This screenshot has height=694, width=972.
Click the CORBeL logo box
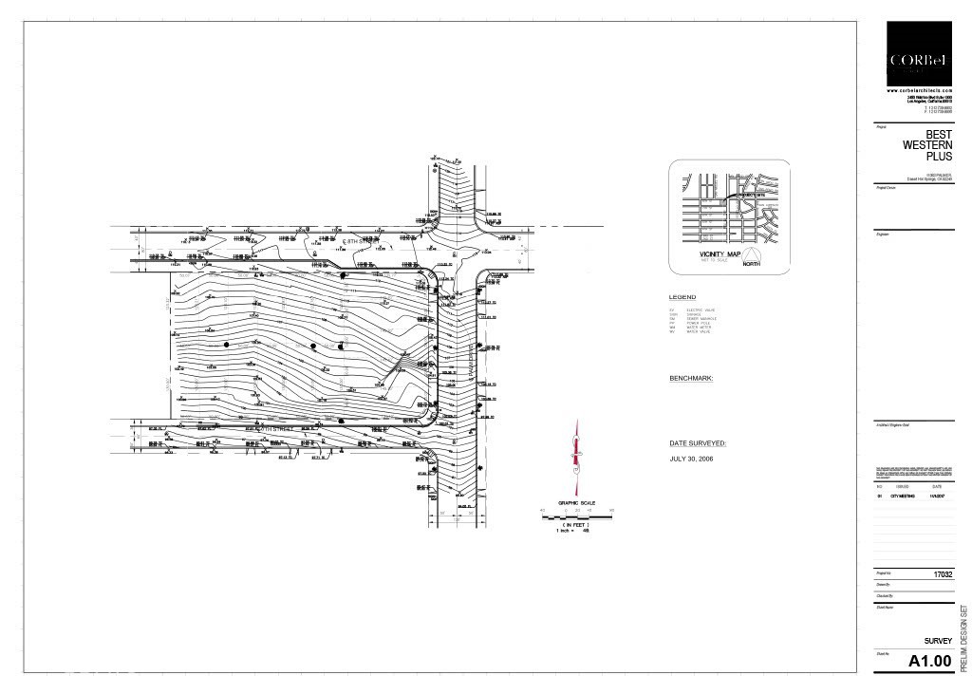919,53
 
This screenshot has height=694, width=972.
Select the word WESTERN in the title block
927,145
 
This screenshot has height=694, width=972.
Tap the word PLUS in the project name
938,156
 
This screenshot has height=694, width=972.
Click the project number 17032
942,574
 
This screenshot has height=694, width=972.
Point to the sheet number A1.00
929,662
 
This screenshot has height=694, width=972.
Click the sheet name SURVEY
938,641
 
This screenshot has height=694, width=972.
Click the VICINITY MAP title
720,255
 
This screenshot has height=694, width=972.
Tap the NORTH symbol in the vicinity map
752,257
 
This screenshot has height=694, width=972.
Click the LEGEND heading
682,297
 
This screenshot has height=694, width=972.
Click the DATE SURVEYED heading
698,443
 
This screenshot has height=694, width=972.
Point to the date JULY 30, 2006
691,459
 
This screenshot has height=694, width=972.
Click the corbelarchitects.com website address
919,90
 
